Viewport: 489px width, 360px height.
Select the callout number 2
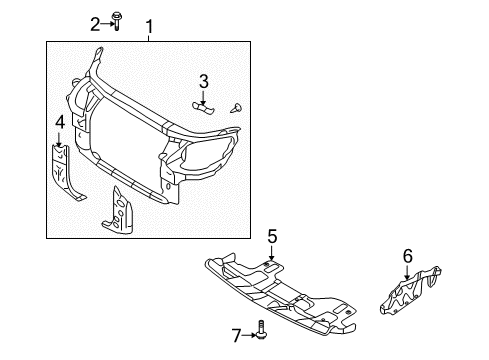click(95, 24)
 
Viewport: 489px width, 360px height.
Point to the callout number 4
click(59, 122)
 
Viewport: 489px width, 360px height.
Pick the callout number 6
click(407, 257)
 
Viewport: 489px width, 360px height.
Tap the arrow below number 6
click(407, 271)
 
